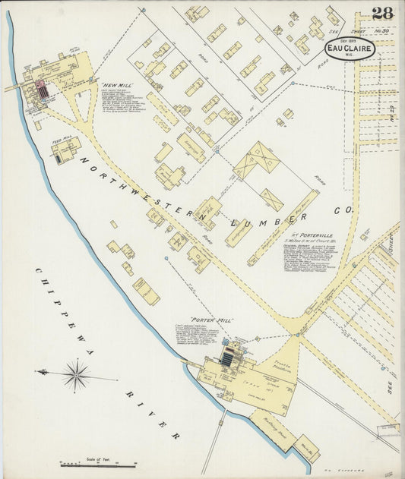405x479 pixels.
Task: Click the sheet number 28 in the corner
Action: (383, 13)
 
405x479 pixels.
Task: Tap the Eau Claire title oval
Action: (350, 48)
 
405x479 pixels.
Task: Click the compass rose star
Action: (76, 374)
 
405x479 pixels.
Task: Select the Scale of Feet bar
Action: (97, 464)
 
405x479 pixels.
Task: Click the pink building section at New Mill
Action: (42, 90)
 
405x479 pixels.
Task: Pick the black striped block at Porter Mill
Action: (227, 356)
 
